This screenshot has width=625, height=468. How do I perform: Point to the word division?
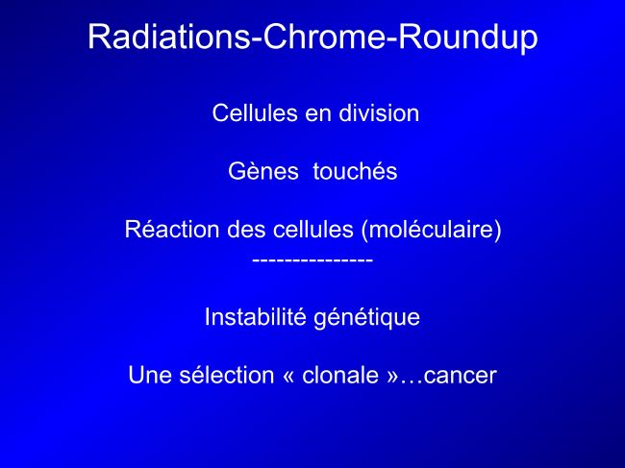[379, 112]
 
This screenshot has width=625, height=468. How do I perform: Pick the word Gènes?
[263, 171]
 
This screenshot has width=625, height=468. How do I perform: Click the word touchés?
[355, 171]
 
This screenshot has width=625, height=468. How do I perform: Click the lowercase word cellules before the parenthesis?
[313, 230]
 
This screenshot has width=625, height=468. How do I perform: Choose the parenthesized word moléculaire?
[431, 231]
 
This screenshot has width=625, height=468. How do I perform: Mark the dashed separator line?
[312, 260]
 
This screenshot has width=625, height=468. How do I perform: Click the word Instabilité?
[256, 317]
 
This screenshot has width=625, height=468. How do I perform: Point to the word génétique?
[366, 319]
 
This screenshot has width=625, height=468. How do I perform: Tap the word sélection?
[227, 375]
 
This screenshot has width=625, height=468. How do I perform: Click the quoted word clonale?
[340, 375]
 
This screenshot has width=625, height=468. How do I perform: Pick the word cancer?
[460, 377]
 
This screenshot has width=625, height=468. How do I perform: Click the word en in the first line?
[318, 114]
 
